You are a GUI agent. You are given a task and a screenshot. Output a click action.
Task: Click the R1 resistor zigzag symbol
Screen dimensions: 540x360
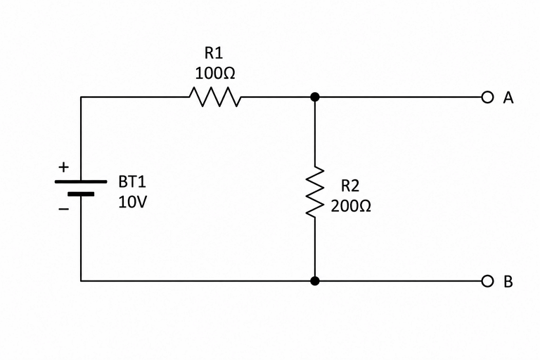pyautogui.click(x=215, y=97)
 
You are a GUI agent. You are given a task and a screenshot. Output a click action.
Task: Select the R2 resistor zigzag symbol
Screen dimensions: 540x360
pyautogui.click(x=315, y=192)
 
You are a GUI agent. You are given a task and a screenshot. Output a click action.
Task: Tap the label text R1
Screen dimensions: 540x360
pyautogui.click(x=214, y=53)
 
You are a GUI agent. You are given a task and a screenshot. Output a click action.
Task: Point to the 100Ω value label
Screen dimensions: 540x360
pyautogui.click(x=215, y=73)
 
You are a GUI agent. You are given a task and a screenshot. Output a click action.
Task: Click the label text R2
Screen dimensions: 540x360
pyautogui.click(x=350, y=186)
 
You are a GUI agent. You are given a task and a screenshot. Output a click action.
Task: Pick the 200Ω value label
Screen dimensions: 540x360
pyautogui.click(x=351, y=206)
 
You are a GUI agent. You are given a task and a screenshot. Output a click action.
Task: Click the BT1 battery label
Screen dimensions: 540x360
pyautogui.click(x=132, y=182)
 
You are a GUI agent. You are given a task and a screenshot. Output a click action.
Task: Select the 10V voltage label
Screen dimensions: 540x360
pyautogui.click(x=133, y=202)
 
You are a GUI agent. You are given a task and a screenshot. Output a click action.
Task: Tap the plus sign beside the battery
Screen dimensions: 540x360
pyautogui.click(x=63, y=167)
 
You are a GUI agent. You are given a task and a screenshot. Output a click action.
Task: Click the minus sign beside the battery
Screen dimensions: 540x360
pyautogui.click(x=63, y=209)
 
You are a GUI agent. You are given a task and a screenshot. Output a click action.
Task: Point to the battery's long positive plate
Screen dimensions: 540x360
pyautogui.click(x=81, y=181)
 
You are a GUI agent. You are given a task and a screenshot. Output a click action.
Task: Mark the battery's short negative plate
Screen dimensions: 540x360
pyautogui.click(x=81, y=194)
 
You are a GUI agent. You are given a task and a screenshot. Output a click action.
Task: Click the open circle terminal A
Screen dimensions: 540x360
pyautogui.click(x=487, y=97)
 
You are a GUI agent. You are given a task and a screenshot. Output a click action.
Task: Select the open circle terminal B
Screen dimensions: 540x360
pyautogui.click(x=487, y=281)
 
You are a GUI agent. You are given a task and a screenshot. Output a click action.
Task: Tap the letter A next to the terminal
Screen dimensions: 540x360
pyautogui.click(x=508, y=98)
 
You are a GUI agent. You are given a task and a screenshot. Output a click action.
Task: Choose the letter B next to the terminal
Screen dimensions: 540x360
pyautogui.click(x=508, y=282)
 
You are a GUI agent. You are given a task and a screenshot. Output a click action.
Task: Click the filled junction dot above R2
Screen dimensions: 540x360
pyautogui.click(x=315, y=97)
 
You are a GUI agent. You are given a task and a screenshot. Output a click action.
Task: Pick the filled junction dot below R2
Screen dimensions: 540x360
pyautogui.click(x=315, y=281)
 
